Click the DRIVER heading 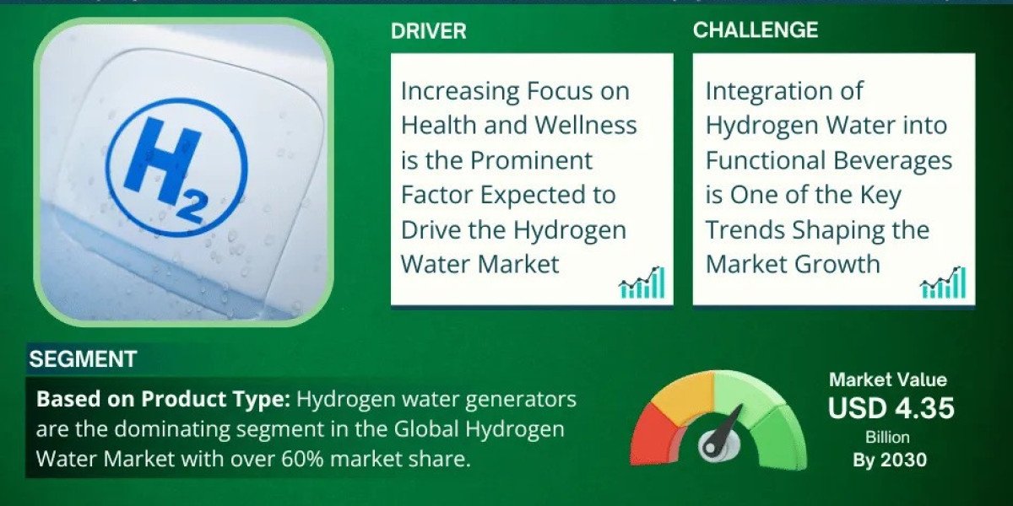428,31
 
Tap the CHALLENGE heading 756,30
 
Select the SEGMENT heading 83,359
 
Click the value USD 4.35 891,407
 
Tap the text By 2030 890,460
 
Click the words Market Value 888,379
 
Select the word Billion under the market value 888,437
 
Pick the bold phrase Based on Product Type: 163,399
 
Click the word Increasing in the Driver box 460,92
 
